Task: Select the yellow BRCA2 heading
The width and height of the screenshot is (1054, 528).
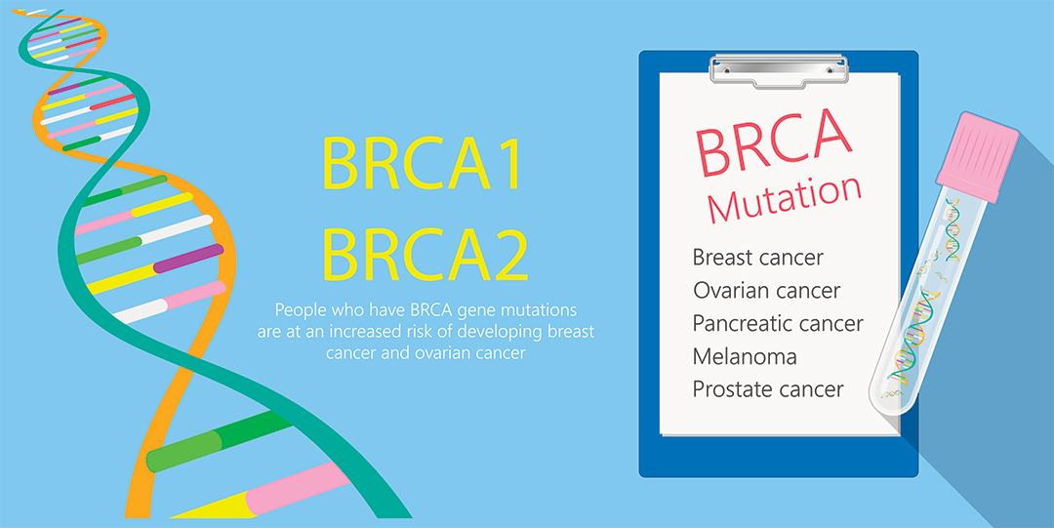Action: click(426, 255)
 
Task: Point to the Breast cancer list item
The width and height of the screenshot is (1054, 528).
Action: click(757, 259)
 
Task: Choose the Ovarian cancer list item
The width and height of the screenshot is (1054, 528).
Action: click(766, 291)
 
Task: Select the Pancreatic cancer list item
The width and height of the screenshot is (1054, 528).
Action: click(778, 324)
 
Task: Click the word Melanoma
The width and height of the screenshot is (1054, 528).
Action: click(745, 356)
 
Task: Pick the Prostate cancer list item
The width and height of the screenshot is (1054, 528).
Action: click(768, 389)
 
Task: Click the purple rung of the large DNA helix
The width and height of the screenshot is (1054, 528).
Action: click(187, 259)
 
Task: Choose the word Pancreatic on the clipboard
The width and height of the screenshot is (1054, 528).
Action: click(741, 324)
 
